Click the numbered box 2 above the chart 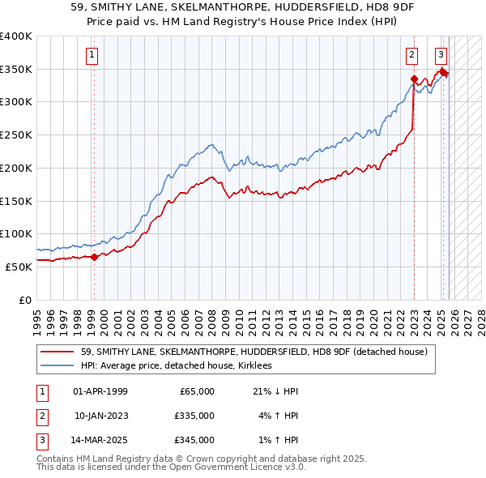(x=412, y=55)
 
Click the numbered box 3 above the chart (x=441, y=55)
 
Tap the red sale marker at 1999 (x=94, y=257)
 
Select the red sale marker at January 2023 (x=414, y=79)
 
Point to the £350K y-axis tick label (x=16, y=70)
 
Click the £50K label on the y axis (x=19, y=267)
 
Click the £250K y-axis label (x=16, y=135)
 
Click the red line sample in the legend (x=58, y=352)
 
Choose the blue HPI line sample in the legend (x=58, y=365)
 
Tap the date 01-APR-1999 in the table (x=100, y=391)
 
